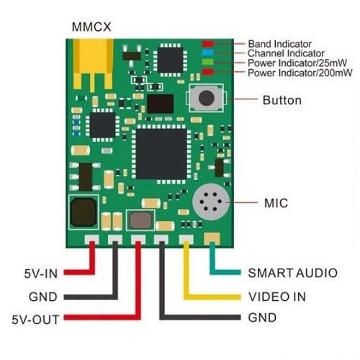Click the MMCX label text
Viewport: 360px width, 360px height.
[91, 27]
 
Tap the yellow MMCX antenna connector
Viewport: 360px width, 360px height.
[93, 64]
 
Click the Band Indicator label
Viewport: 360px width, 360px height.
[279, 44]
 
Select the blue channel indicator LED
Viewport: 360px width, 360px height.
[207, 53]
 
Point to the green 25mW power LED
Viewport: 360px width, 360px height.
[207, 62]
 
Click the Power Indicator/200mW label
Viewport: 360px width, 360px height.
[300, 73]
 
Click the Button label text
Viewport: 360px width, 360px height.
[282, 100]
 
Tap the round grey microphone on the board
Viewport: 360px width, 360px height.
[211, 202]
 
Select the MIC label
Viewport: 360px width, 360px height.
[276, 203]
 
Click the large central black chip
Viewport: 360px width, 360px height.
[161, 154]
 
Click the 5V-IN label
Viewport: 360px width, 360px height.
[41, 274]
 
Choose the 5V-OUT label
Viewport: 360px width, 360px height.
[35, 320]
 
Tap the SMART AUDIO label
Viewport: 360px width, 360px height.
[293, 273]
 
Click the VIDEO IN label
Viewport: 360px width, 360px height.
[277, 297]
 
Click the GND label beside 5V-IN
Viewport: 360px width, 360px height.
[43, 297]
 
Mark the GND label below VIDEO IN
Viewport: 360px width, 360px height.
[262, 318]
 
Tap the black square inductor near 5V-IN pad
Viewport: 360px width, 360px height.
[84, 212]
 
